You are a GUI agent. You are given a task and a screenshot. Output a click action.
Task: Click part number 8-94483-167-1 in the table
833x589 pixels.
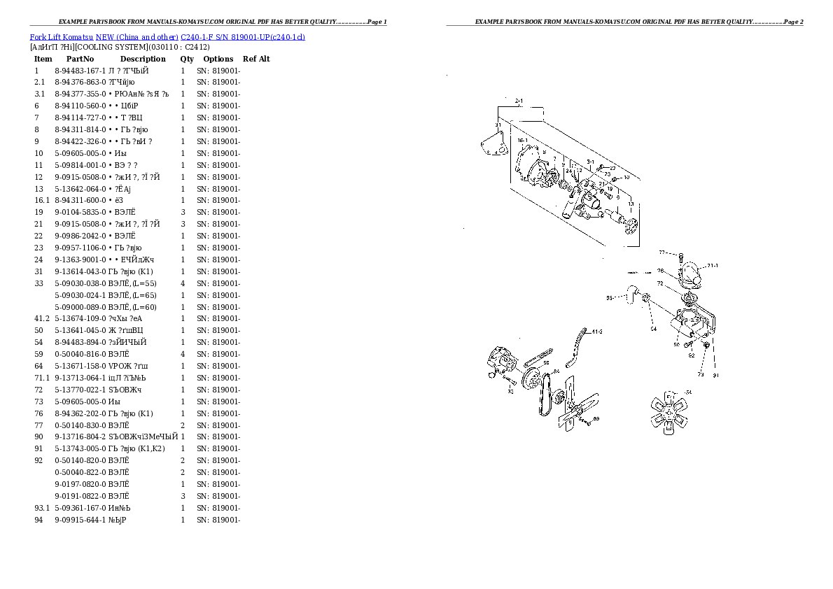tap(79, 71)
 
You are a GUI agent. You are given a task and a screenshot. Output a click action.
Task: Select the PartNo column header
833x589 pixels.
tap(80, 59)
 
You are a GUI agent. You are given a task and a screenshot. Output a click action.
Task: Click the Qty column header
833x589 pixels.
tap(187, 59)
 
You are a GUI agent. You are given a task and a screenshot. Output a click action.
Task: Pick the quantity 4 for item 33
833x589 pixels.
tap(183, 283)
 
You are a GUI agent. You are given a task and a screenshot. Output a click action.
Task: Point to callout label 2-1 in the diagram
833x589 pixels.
tap(519, 101)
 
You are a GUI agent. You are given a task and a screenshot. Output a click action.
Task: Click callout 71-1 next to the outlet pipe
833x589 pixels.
tap(713, 266)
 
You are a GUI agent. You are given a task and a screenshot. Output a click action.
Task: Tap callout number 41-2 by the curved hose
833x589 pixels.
tap(596, 332)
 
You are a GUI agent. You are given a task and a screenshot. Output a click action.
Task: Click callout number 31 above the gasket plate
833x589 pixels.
tap(498, 125)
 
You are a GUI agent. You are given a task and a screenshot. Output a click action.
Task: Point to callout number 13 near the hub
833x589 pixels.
tap(631, 204)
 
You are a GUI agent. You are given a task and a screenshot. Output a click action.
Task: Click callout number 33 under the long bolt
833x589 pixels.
tap(510, 392)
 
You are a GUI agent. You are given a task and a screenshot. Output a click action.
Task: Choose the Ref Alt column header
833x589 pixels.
tap(256, 59)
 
